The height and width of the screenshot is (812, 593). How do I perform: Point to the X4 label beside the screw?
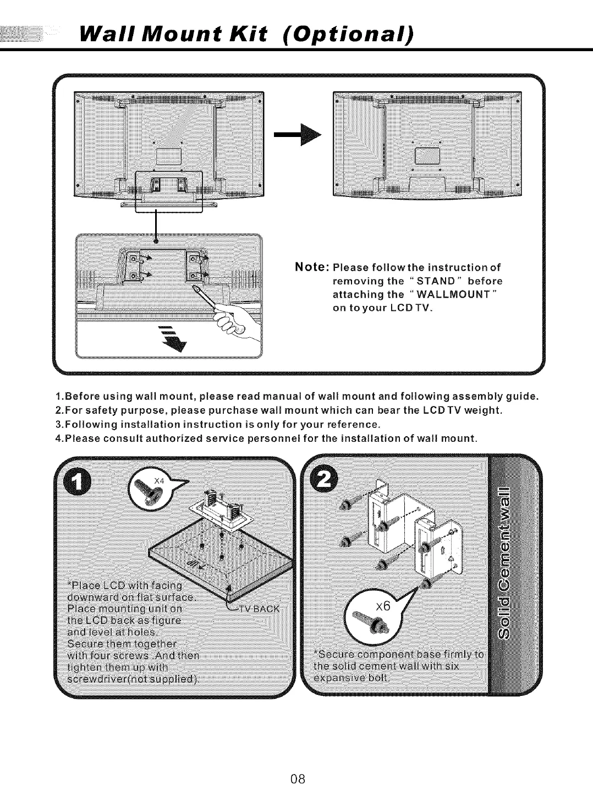pos(160,480)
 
